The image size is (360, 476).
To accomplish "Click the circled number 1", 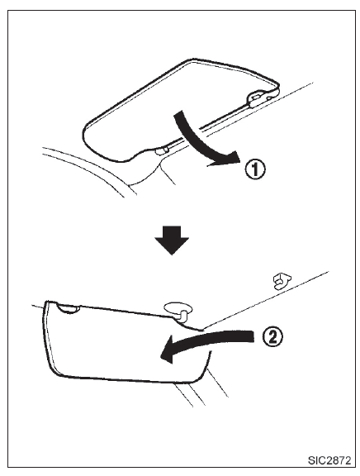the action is [x=255, y=169].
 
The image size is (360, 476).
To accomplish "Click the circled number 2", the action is [x=272, y=336].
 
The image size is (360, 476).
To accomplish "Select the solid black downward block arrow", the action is [x=172, y=240].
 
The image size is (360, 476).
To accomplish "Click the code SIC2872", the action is [x=329, y=460].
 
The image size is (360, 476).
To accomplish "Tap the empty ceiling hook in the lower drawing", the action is [x=282, y=280].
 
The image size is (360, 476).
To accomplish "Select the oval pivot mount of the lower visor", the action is [x=178, y=308].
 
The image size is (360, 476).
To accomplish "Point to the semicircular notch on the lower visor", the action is [x=69, y=308].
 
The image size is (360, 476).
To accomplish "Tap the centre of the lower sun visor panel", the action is [x=121, y=343].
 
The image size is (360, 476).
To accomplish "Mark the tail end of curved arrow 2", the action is [x=253, y=337].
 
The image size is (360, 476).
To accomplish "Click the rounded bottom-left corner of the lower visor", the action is [x=58, y=372].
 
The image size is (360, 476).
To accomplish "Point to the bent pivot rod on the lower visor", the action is [x=182, y=315].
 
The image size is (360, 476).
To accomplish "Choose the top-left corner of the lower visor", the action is [x=46, y=302].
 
